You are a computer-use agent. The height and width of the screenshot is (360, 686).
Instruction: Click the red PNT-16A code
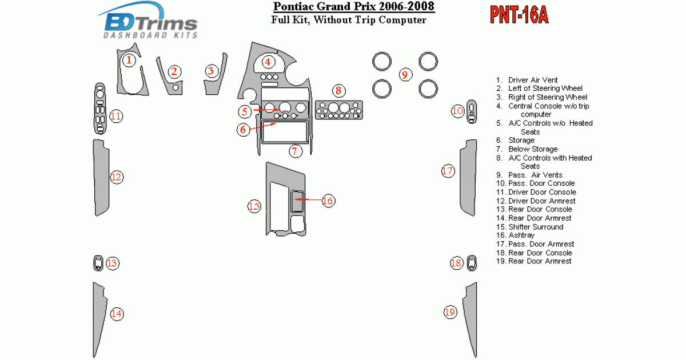[519, 15]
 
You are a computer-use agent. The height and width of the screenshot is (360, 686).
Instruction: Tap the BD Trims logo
[148, 20]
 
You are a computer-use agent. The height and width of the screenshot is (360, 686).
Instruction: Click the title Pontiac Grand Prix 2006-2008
[354, 6]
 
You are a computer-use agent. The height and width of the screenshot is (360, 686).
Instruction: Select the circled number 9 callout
[405, 75]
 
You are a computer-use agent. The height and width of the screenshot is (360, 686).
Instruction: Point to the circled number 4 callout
[268, 62]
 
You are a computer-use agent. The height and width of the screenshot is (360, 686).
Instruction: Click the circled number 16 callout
[328, 201]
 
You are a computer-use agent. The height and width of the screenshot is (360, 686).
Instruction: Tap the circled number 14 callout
[117, 314]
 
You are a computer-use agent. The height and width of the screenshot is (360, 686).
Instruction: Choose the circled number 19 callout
[450, 312]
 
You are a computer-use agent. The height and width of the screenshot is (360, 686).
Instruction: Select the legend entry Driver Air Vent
[527, 80]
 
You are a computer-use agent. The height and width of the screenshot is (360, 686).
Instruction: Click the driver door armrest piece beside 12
[101, 178]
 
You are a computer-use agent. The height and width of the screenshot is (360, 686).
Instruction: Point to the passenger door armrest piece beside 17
[469, 178]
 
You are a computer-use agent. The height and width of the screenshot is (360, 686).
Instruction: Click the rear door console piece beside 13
[98, 263]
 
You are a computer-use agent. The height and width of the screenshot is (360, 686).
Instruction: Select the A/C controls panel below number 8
[338, 110]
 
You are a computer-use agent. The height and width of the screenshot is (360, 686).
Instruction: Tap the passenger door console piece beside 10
[472, 111]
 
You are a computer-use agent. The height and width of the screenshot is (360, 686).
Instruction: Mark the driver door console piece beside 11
[100, 109]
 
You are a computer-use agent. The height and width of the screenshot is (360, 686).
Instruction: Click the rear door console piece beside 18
[472, 263]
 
